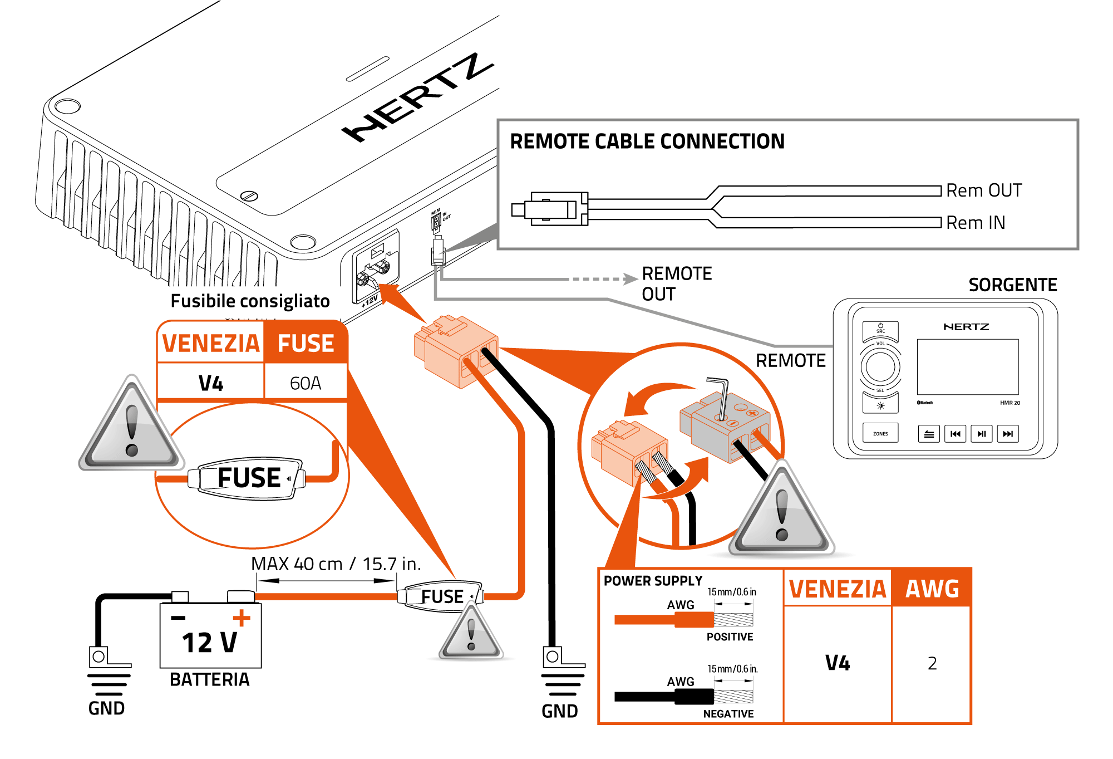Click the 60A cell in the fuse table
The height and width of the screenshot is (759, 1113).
306,383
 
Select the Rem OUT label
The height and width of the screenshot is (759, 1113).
984,190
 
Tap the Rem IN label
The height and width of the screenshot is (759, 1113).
976,223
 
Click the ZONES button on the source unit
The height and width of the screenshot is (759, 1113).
880,433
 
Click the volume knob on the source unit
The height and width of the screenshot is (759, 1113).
880,367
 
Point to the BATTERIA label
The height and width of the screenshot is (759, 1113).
210,680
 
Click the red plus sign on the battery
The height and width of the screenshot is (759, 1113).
242,618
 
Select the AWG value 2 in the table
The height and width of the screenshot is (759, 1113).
932,663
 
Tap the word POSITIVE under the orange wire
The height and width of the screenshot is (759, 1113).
730,637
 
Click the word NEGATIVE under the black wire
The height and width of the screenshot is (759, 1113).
728,714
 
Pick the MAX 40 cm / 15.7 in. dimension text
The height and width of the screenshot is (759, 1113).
336,564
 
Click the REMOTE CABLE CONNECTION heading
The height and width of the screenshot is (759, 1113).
647,141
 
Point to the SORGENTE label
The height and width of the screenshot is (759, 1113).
1012,285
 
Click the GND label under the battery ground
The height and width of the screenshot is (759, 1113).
106,708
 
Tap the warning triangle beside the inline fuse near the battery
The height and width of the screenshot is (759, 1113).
471,633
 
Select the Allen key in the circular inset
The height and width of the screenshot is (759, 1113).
720,398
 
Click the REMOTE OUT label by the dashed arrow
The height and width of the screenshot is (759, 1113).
676,284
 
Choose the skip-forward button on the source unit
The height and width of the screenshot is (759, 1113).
1008,434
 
